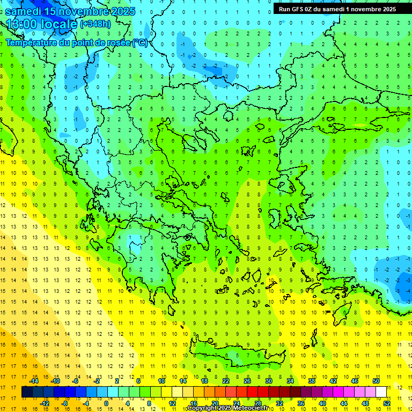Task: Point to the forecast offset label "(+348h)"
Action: [x=95, y=24]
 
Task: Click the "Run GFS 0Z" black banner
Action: [x=337, y=9]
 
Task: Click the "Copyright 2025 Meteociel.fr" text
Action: [x=227, y=408]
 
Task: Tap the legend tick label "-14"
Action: [x=34, y=381]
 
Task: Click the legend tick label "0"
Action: [x=106, y=403]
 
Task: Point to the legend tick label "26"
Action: [x=247, y=381]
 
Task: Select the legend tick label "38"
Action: [x=312, y=381]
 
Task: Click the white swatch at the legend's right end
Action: [x=381, y=392]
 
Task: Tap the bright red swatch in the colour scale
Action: [x=253, y=392]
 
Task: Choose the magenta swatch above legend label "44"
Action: [x=344, y=392]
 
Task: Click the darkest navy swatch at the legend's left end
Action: [x=27, y=392]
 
